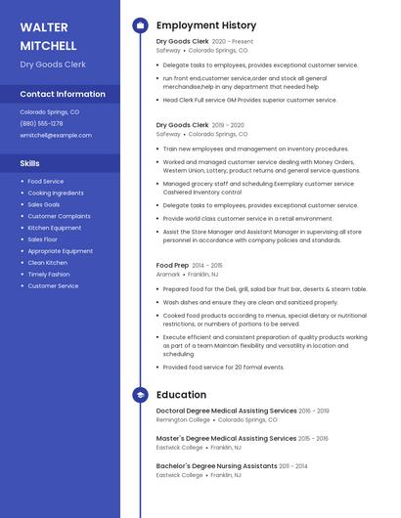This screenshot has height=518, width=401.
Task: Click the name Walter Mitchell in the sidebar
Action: coord(48,35)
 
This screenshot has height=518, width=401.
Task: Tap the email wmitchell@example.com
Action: coord(55,135)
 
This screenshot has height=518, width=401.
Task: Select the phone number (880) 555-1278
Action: coord(41,123)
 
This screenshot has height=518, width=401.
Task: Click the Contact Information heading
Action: coord(63,94)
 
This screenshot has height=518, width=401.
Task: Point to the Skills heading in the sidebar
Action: coord(30,163)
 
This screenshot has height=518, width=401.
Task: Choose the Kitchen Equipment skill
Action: coord(55,228)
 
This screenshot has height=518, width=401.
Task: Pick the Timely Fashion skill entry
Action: coord(49,275)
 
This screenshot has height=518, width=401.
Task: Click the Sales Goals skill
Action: coord(44,204)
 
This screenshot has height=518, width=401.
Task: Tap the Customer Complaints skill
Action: coord(59,216)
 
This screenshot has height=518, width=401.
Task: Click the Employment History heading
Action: coord(205,25)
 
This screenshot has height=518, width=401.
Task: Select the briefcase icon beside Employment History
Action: coord(140,25)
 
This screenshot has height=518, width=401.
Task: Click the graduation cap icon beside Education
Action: coord(140,395)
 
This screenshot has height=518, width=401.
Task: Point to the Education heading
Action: coord(181,395)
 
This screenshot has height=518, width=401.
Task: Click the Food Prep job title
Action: coord(172,265)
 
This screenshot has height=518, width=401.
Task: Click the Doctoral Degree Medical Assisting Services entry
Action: coord(226,410)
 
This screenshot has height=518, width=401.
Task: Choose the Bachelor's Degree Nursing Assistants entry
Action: coord(216,466)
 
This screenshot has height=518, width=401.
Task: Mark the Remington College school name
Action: coord(183,419)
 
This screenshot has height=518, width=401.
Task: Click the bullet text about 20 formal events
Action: coord(223,367)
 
